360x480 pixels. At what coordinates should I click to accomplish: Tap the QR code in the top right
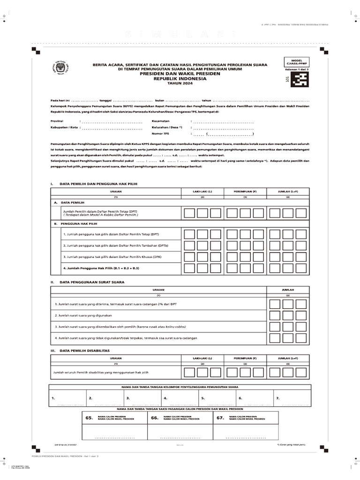(x=297, y=81)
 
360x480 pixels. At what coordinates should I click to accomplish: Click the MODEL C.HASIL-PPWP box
(x=297, y=62)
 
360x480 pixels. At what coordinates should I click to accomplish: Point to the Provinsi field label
(x=57, y=121)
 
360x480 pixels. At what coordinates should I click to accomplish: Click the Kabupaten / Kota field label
(x=64, y=127)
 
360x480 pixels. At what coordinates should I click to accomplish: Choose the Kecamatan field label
(x=160, y=121)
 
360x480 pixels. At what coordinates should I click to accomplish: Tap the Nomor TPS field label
(x=160, y=134)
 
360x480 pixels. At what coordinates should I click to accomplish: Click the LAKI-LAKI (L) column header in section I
(x=202, y=191)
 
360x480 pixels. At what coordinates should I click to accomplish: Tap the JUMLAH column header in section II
(x=288, y=290)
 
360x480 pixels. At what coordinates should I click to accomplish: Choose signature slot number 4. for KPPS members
(x=165, y=398)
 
